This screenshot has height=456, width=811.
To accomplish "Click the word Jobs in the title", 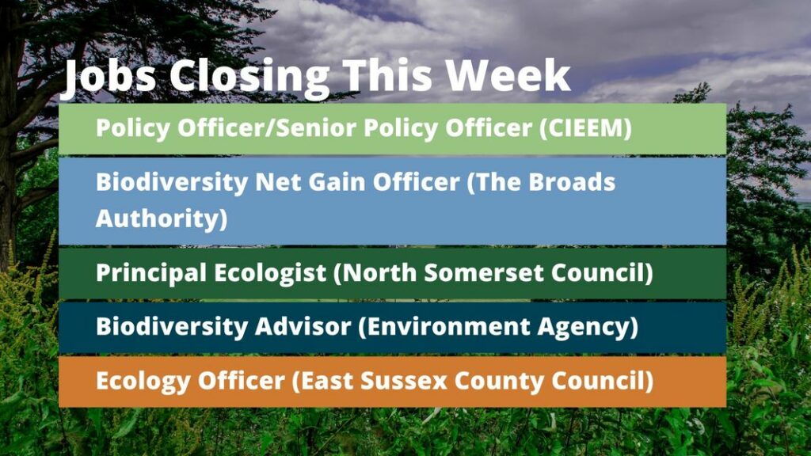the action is coord(108,77).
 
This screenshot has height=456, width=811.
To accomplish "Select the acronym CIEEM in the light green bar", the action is coord(585,127).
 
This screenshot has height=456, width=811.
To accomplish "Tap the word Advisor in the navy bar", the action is coord(303,327).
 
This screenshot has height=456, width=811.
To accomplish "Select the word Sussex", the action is coord(403,381).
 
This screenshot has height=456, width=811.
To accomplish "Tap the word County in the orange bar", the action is coord(499,382).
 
